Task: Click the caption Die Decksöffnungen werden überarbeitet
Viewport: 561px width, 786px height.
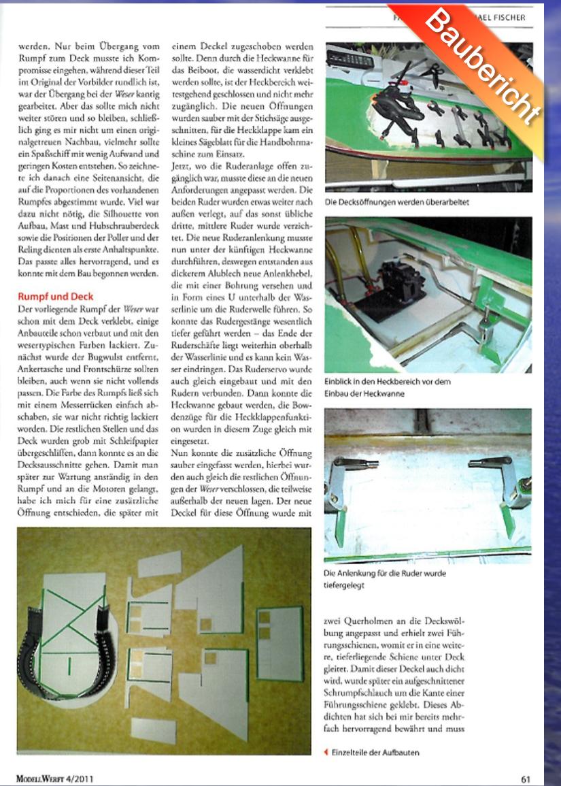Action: (397, 202)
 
